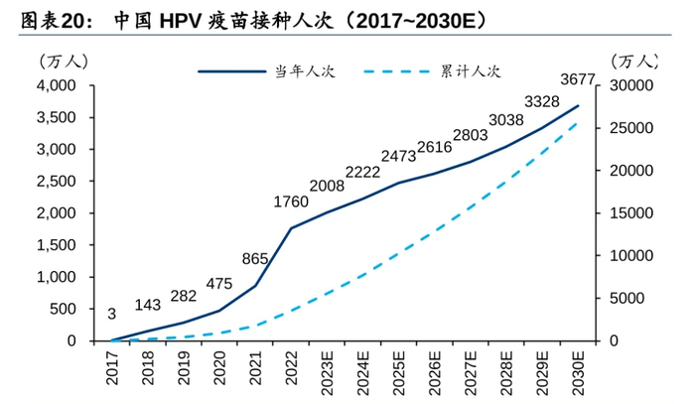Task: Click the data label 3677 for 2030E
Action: pos(577,79)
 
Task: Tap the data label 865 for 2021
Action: pos(255,259)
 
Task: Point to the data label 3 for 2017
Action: pos(111,314)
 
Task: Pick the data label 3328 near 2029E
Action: pos(541,101)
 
